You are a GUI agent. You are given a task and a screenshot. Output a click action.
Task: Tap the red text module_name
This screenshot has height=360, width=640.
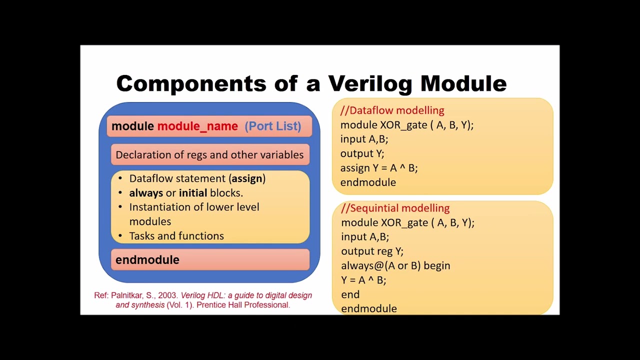click(197, 126)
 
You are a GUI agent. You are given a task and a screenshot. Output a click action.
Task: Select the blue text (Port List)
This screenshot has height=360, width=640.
click(272, 126)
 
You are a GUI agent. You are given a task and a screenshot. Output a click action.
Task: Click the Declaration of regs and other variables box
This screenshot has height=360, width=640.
click(209, 155)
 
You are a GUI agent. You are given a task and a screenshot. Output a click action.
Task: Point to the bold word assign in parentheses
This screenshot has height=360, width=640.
click(247, 178)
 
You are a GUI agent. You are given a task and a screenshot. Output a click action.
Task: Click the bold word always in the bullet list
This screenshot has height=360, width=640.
click(146, 193)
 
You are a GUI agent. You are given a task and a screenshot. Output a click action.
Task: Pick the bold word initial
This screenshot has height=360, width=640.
click(193, 193)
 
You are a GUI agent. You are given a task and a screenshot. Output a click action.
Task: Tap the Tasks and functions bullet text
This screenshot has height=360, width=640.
click(176, 236)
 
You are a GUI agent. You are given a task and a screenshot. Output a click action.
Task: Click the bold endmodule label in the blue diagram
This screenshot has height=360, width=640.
click(147, 259)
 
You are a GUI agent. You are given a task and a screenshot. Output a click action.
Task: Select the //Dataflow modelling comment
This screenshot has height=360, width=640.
click(392, 110)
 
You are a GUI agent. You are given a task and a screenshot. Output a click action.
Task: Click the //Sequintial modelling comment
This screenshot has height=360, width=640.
click(395, 208)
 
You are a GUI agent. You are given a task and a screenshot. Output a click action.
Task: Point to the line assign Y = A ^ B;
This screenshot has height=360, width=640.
click(378, 168)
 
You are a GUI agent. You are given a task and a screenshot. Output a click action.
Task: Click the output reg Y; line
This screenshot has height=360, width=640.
click(372, 251)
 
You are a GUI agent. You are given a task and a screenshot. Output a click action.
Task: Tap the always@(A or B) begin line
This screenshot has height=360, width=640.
click(395, 265)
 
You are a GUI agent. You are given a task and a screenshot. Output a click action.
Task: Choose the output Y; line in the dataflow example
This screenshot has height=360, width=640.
click(362, 153)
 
